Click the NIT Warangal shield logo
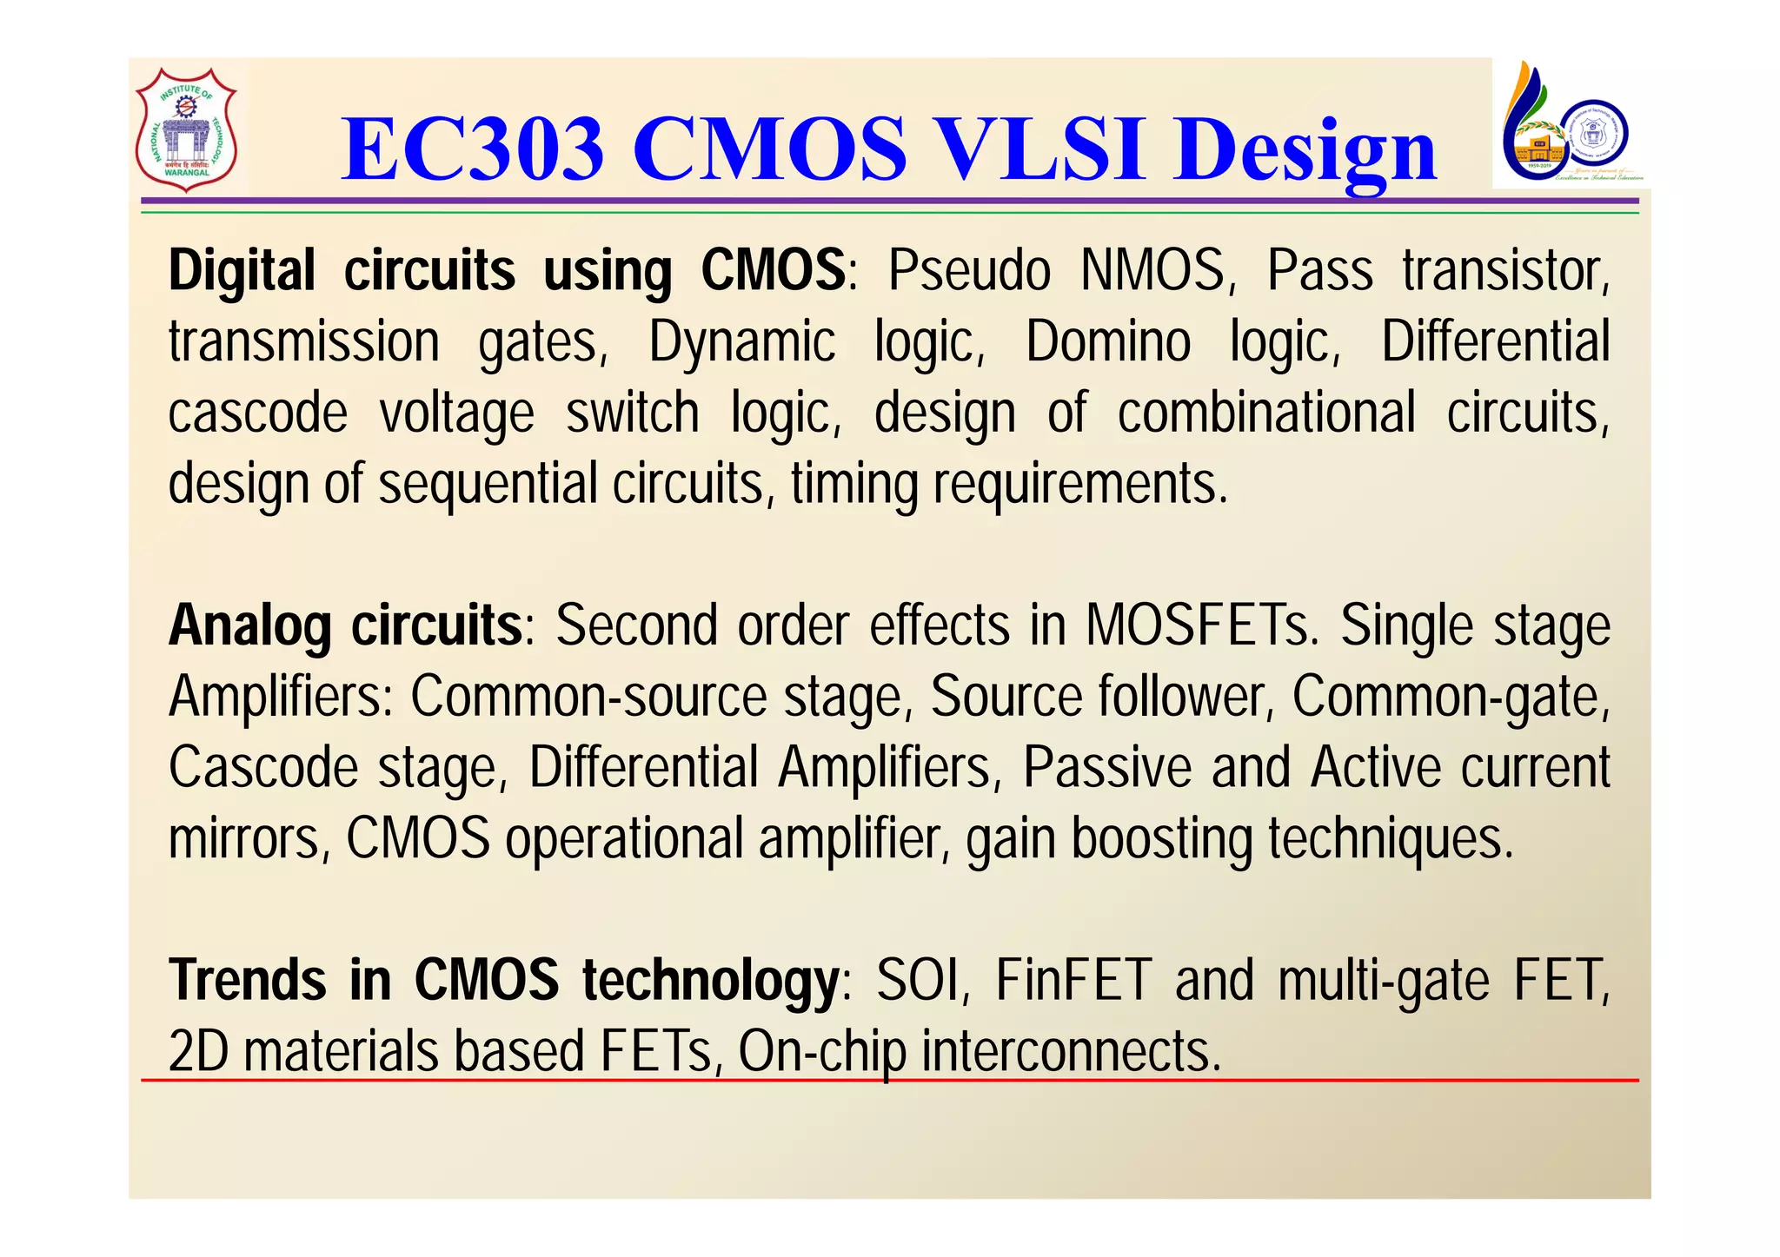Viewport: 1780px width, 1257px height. coord(186,129)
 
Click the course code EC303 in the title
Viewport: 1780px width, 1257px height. coord(473,150)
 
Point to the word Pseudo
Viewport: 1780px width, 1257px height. coord(969,271)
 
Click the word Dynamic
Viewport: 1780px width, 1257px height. coord(741,342)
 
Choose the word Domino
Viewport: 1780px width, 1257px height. coord(1108,342)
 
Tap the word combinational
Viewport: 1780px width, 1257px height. coord(1265,413)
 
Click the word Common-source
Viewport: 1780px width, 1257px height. coord(589,697)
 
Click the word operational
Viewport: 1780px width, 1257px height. coord(624,840)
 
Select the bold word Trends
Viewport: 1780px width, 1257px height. coord(248,981)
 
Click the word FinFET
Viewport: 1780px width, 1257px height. coord(1073,981)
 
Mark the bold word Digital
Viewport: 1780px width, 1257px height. coord(242,271)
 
